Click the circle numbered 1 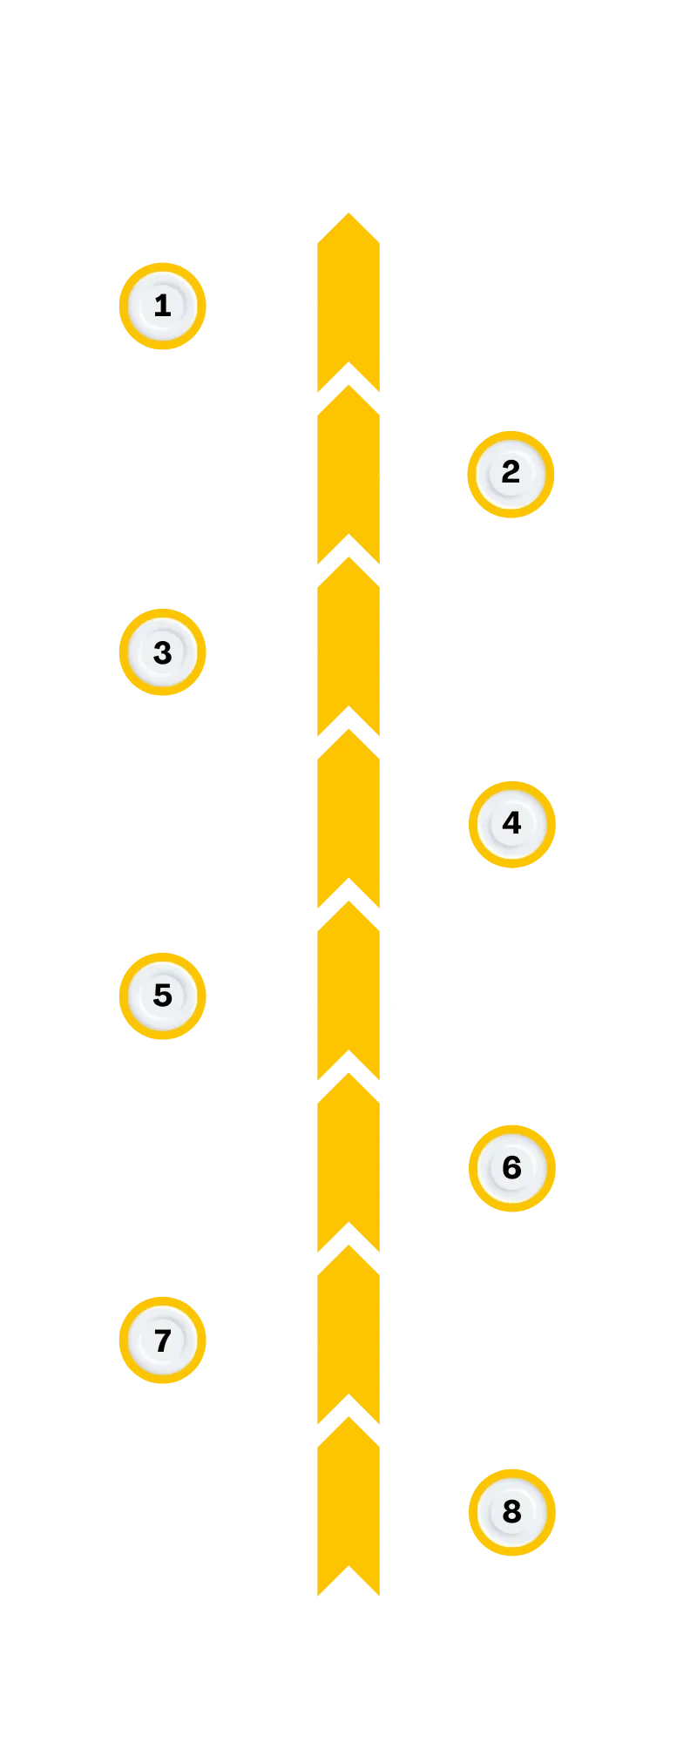coord(163,306)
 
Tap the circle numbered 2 coord(511,475)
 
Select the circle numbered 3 coord(163,652)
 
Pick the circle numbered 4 coord(511,824)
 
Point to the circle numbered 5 coord(163,996)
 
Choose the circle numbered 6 coord(511,1167)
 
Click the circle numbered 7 coord(163,1340)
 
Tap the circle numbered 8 coord(511,1512)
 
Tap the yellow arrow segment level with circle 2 coord(348,475)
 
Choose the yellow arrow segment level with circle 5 coord(348,996)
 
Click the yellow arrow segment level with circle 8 coord(348,1512)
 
